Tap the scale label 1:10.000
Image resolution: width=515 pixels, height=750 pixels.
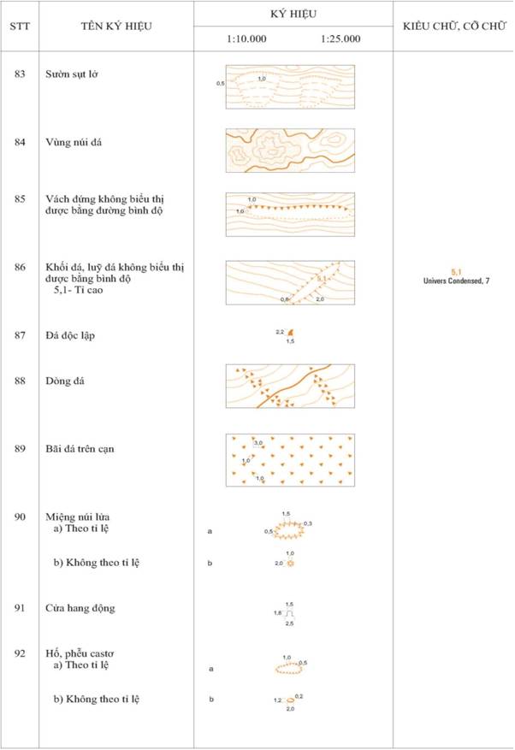tap(246, 38)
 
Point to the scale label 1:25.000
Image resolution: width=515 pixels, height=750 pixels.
tap(340, 38)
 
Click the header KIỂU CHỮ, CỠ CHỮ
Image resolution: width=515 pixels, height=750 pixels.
tap(453, 26)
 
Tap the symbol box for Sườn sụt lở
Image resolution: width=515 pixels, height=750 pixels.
tap(290, 86)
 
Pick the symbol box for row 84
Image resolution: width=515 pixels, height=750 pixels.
tap(290, 151)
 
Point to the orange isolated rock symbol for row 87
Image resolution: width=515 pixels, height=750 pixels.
tap(291, 333)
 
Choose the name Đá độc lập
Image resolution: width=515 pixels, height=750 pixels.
tap(71, 335)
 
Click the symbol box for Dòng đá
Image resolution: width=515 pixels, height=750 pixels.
tap(290, 386)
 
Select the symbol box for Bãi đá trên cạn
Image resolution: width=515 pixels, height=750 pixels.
tap(290, 460)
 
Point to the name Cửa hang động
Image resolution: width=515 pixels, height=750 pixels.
tap(80, 608)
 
